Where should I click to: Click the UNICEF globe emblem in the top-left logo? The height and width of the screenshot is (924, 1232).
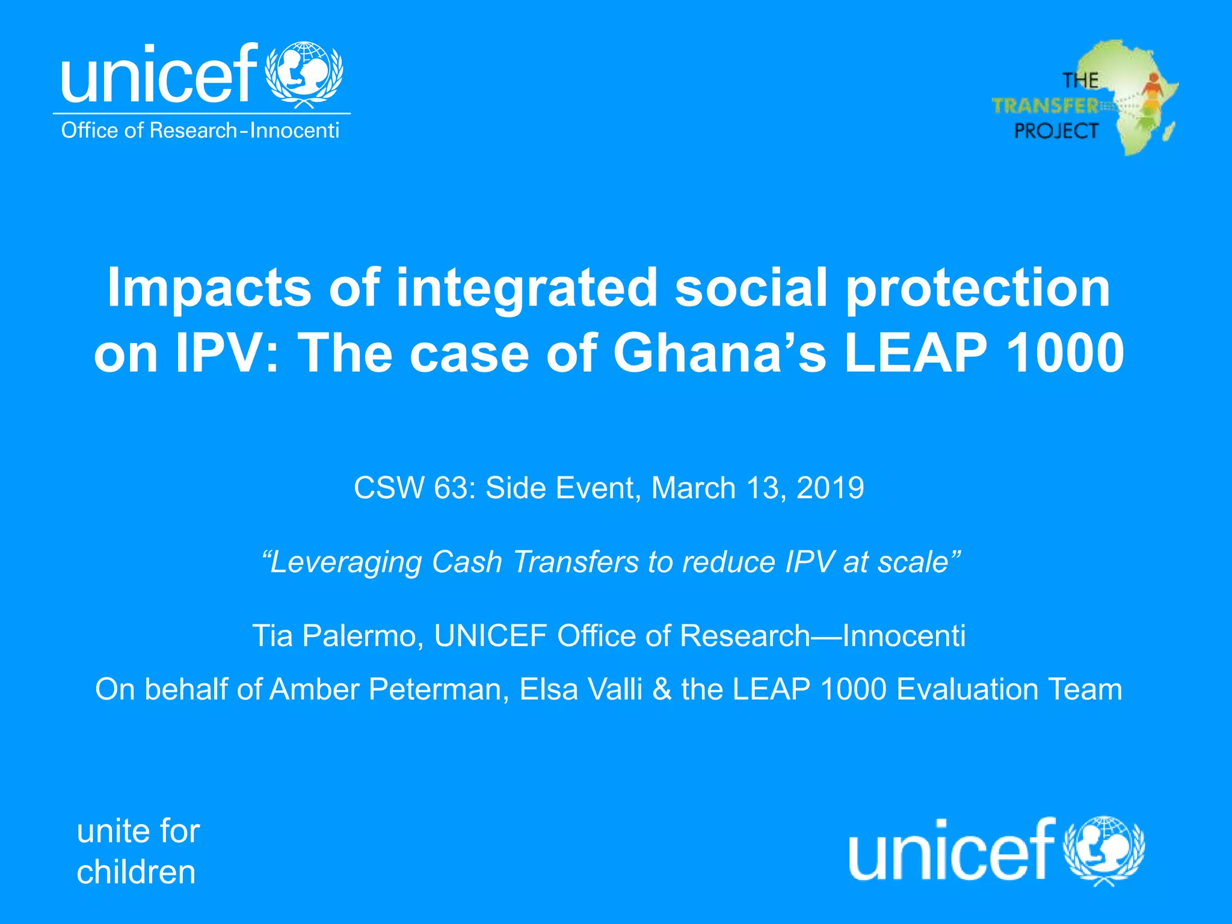tap(304, 73)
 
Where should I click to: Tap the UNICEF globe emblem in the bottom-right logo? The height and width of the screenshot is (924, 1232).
tap(1104, 849)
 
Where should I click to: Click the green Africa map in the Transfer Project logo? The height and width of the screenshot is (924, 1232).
tap(1131, 96)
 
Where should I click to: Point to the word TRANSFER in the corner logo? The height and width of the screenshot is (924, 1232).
tap(1046, 106)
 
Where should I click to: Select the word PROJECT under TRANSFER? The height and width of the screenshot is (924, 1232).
tap(1056, 131)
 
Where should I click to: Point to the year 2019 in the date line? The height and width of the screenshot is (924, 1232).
tap(830, 487)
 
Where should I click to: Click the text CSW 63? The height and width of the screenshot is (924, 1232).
tap(414, 487)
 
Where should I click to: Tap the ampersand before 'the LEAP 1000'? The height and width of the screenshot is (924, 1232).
tap(661, 689)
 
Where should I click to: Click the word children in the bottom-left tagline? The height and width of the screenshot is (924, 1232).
tap(136, 872)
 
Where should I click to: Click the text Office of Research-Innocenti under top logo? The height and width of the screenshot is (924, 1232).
tap(200, 131)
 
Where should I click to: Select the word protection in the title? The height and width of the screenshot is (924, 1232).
tap(978, 288)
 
